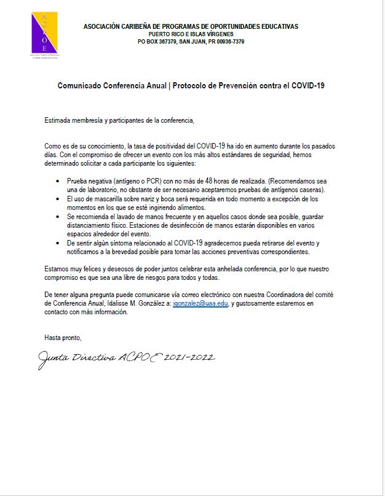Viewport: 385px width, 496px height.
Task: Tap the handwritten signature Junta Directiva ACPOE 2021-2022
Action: coord(127,357)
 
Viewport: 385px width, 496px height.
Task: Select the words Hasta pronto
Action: coord(63,338)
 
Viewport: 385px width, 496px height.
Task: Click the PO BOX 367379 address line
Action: coord(191,41)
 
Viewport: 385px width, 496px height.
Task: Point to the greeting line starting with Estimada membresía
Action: coord(119,120)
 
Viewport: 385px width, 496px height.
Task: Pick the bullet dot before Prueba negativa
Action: coord(58,182)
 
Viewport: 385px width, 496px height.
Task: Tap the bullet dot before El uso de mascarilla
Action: coord(58,200)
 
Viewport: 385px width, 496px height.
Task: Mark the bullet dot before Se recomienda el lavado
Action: coord(58,217)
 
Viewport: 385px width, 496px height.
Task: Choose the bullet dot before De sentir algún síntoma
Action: coord(58,244)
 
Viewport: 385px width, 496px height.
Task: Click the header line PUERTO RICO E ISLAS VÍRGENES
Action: coord(191,34)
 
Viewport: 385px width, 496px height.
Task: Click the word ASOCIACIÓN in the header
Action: coord(103,26)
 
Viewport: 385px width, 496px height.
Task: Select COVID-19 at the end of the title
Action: coord(308,86)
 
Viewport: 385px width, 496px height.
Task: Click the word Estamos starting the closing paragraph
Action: coord(58,269)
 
